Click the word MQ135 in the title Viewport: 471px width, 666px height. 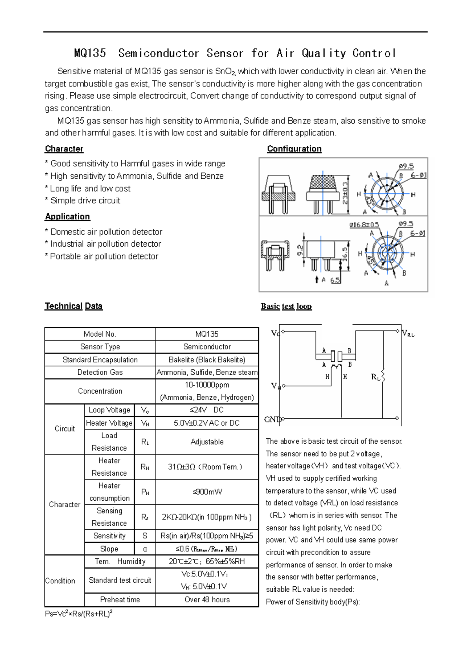(x=90, y=53)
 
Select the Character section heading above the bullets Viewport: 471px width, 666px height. (x=64, y=149)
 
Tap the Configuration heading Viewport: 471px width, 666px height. (x=294, y=149)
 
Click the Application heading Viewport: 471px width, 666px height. (x=67, y=217)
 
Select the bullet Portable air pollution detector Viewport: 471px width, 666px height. (x=101, y=256)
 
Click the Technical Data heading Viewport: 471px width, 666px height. (x=73, y=306)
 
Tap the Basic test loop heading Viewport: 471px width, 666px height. (x=286, y=306)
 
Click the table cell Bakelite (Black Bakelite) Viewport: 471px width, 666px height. (x=207, y=360)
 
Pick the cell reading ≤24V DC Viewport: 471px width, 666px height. (x=207, y=410)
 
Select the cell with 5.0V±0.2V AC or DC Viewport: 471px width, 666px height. (x=207, y=423)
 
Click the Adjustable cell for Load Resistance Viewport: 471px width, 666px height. (x=207, y=442)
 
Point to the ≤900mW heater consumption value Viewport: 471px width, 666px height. (x=207, y=492)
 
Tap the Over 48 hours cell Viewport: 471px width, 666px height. (x=207, y=600)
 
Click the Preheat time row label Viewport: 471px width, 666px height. (x=120, y=600)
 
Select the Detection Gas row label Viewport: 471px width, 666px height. (x=100, y=372)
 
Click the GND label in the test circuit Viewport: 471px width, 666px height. (x=272, y=419)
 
